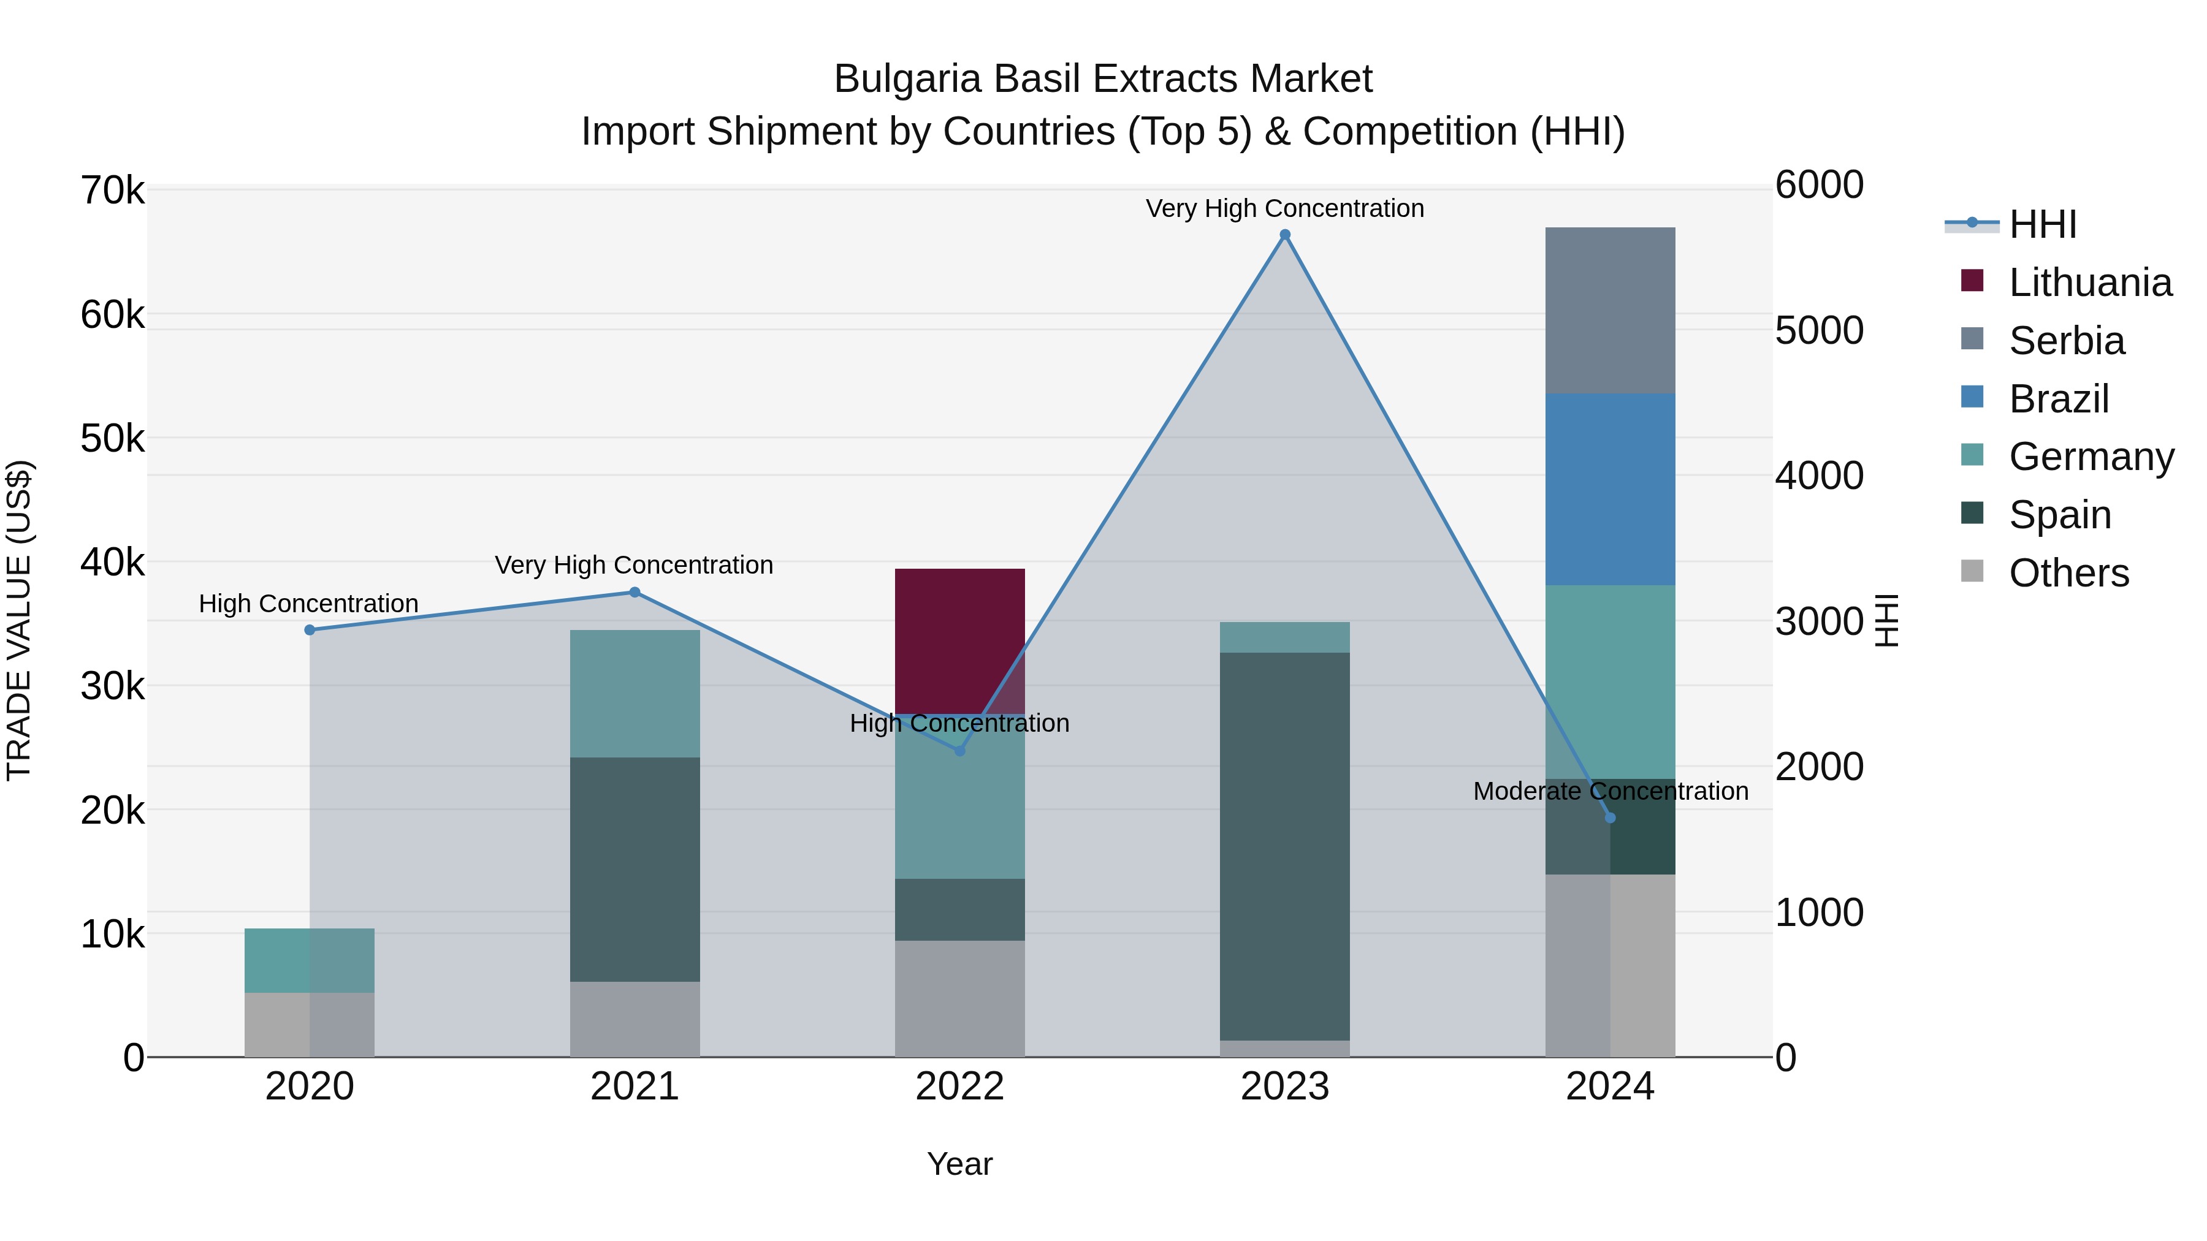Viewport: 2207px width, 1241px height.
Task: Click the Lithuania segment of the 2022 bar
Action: pos(959,640)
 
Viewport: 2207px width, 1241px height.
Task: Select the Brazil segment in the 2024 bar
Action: pos(1609,489)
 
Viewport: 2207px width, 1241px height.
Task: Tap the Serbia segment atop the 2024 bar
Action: pos(1609,310)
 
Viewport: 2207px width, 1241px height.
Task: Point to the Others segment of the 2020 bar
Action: pos(310,1024)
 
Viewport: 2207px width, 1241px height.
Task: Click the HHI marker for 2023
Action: pos(1284,235)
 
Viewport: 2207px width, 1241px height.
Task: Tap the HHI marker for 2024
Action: pos(1609,818)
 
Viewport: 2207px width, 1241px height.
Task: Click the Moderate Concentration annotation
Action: pos(1610,791)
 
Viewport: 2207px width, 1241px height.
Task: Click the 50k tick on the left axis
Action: pos(112,439)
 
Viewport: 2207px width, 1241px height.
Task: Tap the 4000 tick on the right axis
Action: pos(1819,476)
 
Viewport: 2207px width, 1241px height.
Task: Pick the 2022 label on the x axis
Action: pos(959,1087)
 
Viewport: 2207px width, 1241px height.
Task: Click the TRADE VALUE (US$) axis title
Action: pos(19,620)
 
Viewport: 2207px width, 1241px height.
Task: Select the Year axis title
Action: pos(959,1164)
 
